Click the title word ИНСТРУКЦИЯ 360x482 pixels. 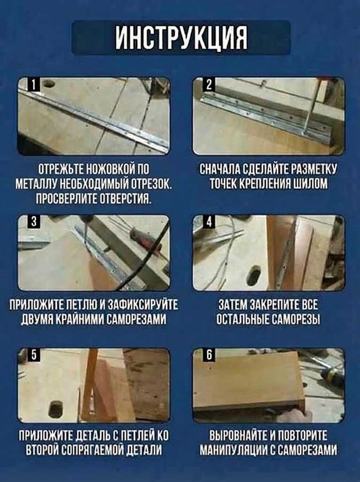181,38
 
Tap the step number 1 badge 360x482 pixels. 33,84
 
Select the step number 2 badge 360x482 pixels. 209,84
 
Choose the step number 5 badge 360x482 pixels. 33,355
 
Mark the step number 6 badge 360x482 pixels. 209,355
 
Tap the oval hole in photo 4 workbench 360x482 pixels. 253,274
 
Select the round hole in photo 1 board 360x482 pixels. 49,85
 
